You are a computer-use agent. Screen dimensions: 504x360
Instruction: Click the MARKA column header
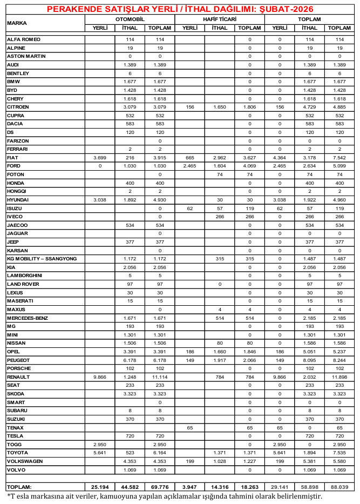point(17,23)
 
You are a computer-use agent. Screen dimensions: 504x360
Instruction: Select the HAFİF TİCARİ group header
point(219,19)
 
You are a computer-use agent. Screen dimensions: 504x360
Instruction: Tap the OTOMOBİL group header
point(130,19)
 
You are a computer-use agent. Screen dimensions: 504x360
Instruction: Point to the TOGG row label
point(14,443)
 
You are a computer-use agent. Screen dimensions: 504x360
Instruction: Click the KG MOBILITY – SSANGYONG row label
point(42,259)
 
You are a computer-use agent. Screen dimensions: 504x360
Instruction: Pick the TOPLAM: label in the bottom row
point(19,487)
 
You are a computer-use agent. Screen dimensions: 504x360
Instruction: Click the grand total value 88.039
point(339,487)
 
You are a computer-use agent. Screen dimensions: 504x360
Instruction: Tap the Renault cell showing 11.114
point(160,376)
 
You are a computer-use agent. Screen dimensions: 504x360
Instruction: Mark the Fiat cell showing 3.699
point(100,157)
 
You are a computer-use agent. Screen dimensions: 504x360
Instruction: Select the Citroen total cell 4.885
point(339,107)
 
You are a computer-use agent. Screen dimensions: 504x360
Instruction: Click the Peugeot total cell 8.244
point(339,359)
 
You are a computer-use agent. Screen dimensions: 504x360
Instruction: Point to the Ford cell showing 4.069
point(249,166)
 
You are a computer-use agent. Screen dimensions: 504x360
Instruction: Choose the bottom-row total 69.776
point(160,487)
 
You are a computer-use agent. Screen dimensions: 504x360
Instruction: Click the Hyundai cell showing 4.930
point(160,199)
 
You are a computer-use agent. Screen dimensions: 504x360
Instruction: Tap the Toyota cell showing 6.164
point(160,452)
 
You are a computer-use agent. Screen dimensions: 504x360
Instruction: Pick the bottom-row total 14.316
point(219,487)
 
